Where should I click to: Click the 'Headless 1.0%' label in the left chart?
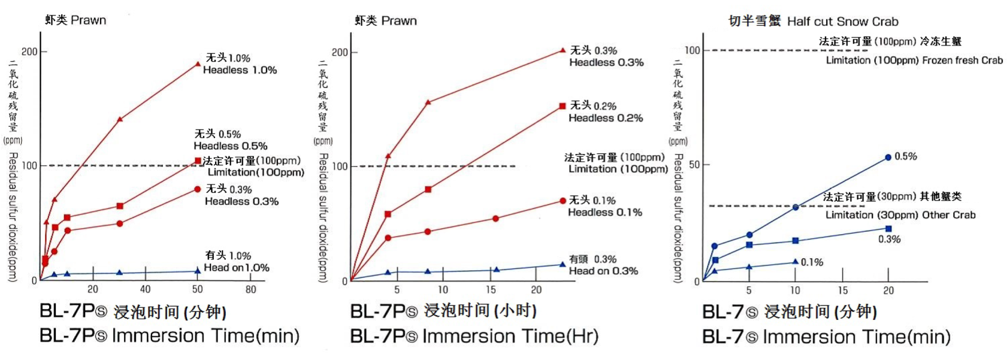pyautogui.click(x=240, y=70)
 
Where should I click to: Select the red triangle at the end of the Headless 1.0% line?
pyautogui.click(x=198, y=63)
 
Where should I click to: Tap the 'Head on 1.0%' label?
pyautogui.click(x=236, y=268)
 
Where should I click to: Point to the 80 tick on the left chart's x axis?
pyautogui.click(x=250, y=289)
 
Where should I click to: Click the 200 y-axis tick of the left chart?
pyautogui.click(x=29, y=52)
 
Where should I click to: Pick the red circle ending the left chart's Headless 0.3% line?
pyautogui.click(x=198, y=189)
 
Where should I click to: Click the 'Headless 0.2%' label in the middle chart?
pyautogui.click(x=605, y=118)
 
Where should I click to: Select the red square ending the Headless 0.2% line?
pyautogui.click(x=563, y=106)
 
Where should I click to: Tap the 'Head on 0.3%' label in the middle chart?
pyautogui.click(x=603, y=271)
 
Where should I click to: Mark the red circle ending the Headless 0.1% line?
pyautogui.click(x=563, y=201)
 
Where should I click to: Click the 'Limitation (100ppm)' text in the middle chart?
pyautogui.click(x=618, y=169)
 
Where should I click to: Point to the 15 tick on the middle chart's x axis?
pyautogui.click(x=491, y=290)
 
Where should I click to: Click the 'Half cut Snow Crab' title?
pyautogui.click(x=842, y=22)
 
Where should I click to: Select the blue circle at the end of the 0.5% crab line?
pyautogui.click(x=888, y=158)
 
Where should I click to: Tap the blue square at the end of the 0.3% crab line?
pyautogui.click(x=888, y=229)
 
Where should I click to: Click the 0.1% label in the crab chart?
pyautogui.click(x=812, y=262)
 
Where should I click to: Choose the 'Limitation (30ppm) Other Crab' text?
pyautogui.click(x=900, y=215)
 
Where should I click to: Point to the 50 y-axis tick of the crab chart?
pyautogui.click(x=694, y=165)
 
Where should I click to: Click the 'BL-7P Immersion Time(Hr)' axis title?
pyautogui.click(x=474, y=337)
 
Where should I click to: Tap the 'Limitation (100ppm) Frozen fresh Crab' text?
pyautogui.click(x=914, y=60)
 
